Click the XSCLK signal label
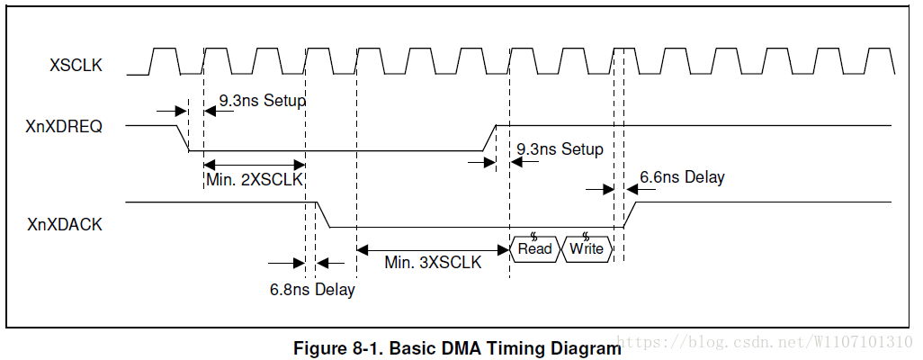pyautogui.click(x=76, y=65)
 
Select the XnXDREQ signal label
pyautogui.click(x=64, y=127)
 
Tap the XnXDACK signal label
pyautogui.click(x=64, y=224)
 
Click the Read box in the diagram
pyautogui.click(x=534, y=248)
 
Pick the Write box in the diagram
pyautogui.click(x=587, y=248)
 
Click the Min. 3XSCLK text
pyautogui.click(x=433, y=263)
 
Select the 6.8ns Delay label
pyautogui.click(x=312, y=290)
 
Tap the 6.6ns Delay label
pyautogui.click(x=682, y=177)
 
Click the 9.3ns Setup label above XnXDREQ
pyautogui.click(x=262, y=101)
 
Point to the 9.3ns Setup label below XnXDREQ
pyautogui.click(x=560, y=149)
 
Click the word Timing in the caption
pyautogui.click(x=491, y=348)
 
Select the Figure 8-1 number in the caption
pyautogui.click(x=339, y=348)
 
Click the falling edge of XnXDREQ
pyautogui.click(x=181, y=139)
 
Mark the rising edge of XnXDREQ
pyautogui.click(x=490, y=139)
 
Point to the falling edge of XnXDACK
pyautogui.click(x=325, y=216)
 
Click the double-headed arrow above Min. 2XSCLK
pyautogui.click(x=255, y=164)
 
